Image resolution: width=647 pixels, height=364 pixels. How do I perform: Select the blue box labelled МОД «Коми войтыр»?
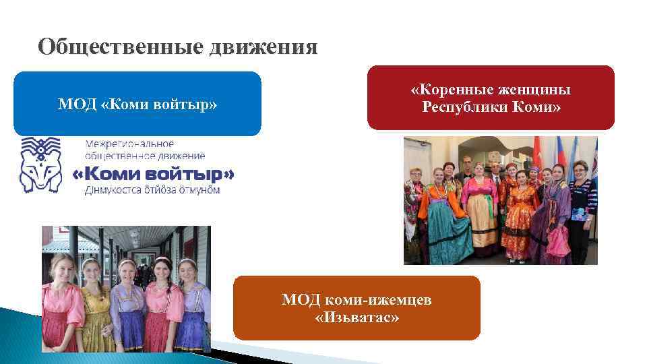(137, 104)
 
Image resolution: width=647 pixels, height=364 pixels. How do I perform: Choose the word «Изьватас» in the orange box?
(357, 317)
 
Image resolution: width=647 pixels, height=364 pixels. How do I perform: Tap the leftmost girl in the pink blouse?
(61, 303)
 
